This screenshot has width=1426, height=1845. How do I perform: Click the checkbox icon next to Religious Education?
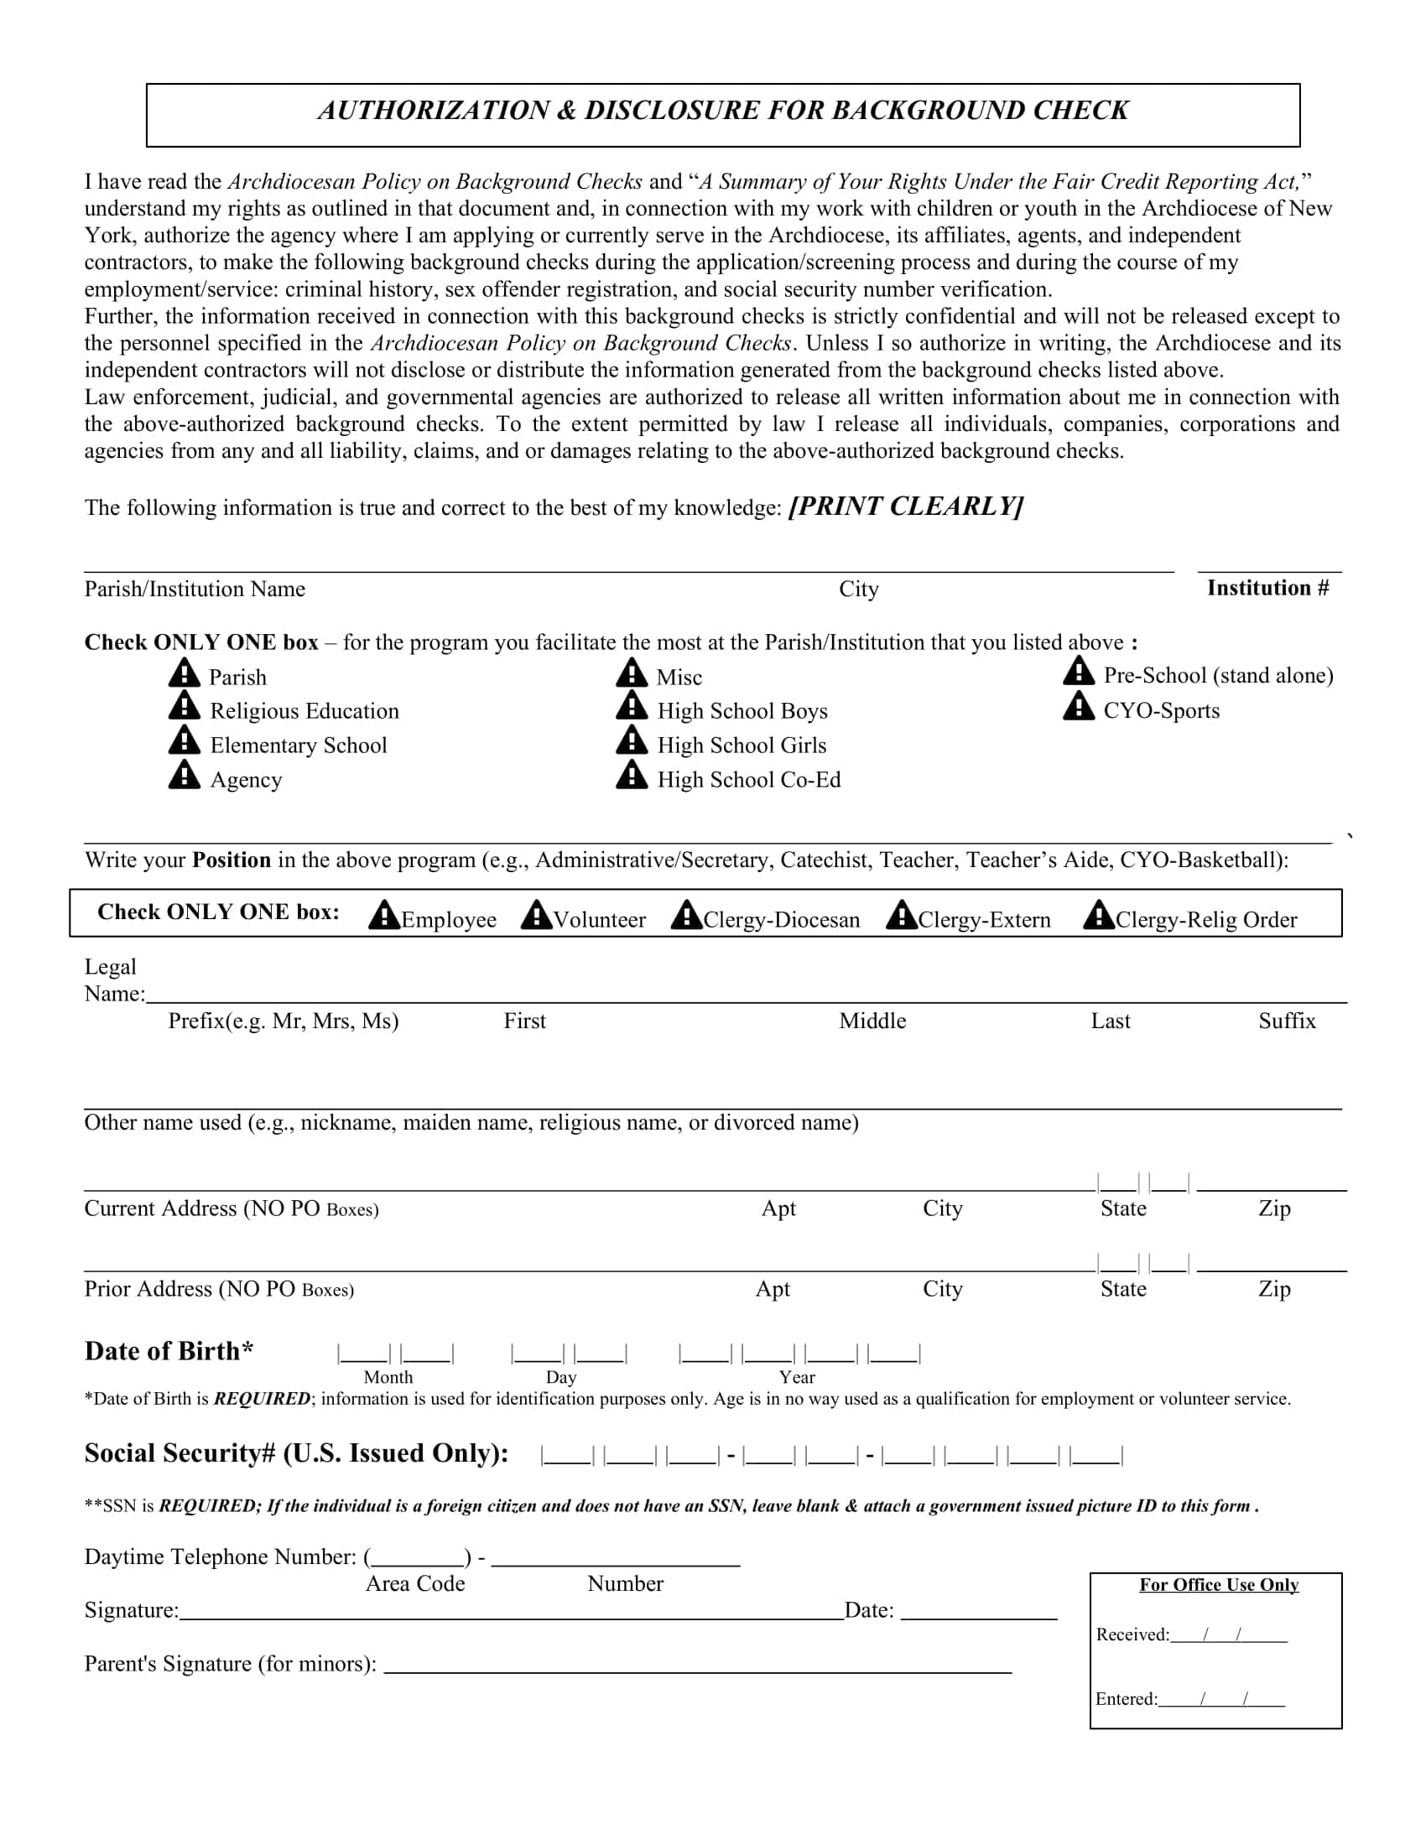[184, 706]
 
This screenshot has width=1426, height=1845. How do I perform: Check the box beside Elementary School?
[184, 741]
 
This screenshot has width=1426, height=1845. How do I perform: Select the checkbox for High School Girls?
[631, 741]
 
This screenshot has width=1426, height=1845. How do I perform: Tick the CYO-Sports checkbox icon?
[1078, 706]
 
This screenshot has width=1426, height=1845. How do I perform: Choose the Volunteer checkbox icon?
[536, 915]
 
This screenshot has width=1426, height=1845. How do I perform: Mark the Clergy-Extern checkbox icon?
[901, 915]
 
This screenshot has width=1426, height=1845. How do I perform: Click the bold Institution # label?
[1267, 588]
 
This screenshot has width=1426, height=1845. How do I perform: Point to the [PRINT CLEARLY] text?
[906, 506]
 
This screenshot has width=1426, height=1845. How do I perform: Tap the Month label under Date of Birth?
[388, 1377]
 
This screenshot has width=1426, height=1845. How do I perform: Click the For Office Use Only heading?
[1218, 1585]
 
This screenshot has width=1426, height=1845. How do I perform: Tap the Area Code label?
[414, 1584]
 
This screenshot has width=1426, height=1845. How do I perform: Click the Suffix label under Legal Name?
[1287, 1021]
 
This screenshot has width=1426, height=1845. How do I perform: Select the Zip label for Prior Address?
[1274, 1289]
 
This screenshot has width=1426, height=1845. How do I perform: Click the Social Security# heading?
[295, 1453]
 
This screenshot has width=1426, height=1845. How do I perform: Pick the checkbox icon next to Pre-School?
[1078, 672]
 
